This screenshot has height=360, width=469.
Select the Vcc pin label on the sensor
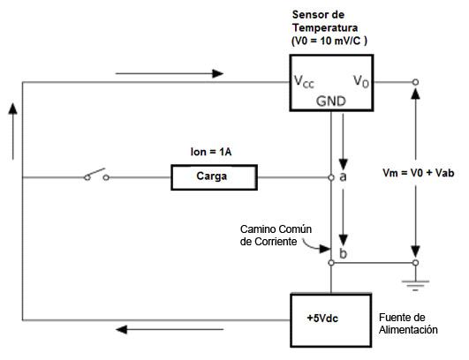pos(304,81)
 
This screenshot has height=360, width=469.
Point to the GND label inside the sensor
pos(331,101)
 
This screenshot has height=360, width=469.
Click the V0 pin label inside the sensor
pos(361,81)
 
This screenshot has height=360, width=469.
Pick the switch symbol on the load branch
pos(96,175)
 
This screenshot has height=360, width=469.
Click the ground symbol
pos(415,285)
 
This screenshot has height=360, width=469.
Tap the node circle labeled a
pos(331,177)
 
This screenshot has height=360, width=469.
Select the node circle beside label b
pos(331,263)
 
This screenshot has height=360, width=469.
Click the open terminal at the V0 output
pos(415,82)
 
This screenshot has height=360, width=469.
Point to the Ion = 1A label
pos(211,152)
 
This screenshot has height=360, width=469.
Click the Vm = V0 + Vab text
pos(418,173)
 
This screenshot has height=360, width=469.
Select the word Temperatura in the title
pos(325,27)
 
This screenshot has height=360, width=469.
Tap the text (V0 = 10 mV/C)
pos(329,41)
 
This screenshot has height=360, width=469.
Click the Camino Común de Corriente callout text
pos(276,236)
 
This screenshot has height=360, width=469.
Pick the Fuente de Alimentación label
pos(408,323)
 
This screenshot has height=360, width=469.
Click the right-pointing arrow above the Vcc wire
pos(170,73)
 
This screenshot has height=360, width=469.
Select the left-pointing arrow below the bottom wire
pos(170,329)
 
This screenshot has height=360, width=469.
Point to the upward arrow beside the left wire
pos(13,131)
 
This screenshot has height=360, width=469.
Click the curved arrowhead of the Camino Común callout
pos(325,249)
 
